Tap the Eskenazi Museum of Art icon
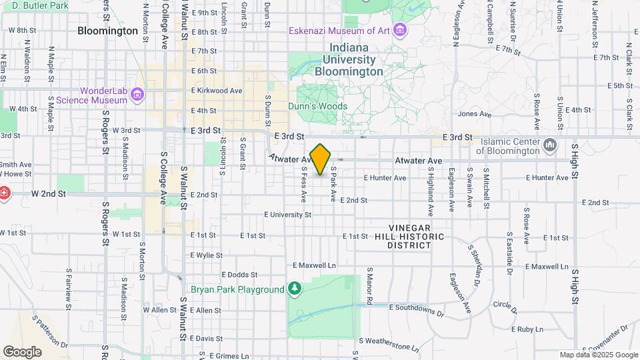pyautogui.click(x=400, y=30)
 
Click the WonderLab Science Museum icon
pyautogui.click(x=138, y=95)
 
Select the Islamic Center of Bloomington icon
pyautogui.click(x=550, y=145)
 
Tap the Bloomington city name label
pyautogui.click(x=107, y=31)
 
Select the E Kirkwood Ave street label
pyautogui.click(x=216, y=91)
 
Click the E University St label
pyautogui.click(x=288, y=215)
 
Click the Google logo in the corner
pyautogui.click(x=22, y=351)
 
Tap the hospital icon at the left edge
pyautogui.click(x=4, y=193)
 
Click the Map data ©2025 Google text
pyautogui.click(x=598, y=355)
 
